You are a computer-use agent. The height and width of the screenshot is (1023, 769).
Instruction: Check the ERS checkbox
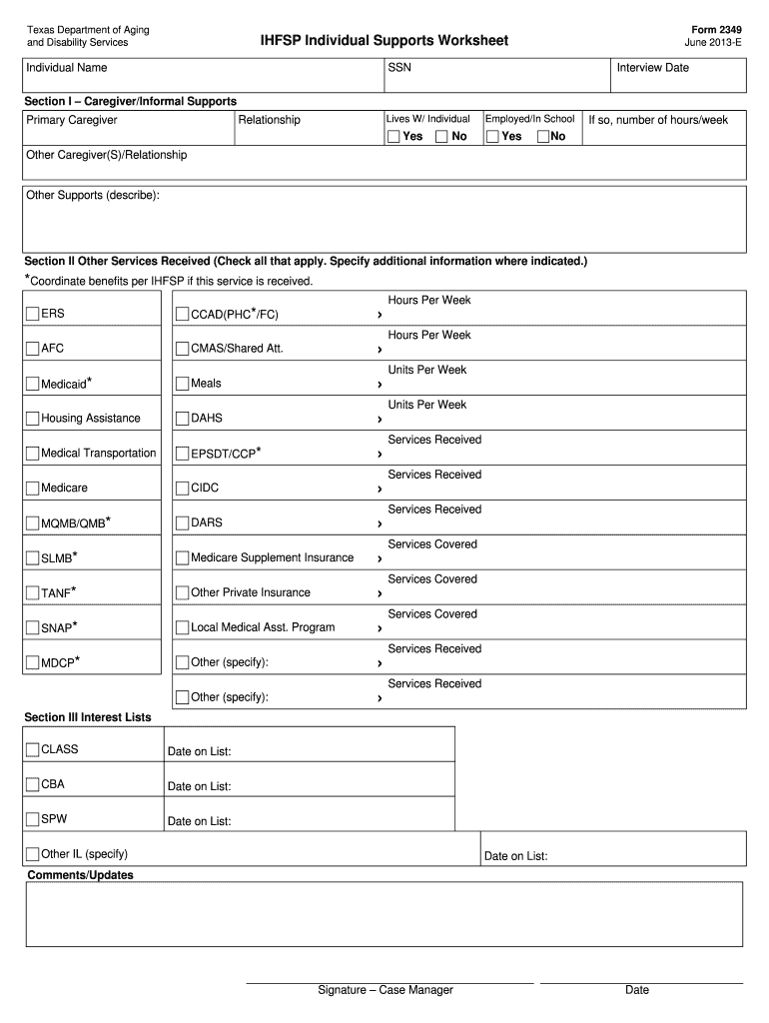pos(33,314)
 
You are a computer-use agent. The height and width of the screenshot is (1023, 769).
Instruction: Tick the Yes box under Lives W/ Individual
pos(393,136)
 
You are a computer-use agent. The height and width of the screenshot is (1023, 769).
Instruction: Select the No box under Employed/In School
pos(543,136)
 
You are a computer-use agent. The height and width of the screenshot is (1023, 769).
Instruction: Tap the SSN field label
pos(398,68)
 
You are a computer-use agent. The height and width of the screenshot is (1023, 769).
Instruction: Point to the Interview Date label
pos(652,68)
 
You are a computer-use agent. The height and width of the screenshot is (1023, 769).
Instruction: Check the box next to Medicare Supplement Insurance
pos(182,557)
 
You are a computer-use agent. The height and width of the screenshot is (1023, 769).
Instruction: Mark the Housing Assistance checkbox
pos(33,419)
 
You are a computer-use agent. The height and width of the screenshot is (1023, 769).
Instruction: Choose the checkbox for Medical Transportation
pos(33,454)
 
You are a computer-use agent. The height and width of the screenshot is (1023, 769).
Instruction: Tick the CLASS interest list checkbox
pos(33,749)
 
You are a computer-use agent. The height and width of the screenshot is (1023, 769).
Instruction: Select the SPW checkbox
pos(33,819)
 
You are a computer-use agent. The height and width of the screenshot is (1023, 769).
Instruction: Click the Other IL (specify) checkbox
pos(33,854)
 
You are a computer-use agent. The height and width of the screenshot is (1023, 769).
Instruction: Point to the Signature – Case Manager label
pos(385,990)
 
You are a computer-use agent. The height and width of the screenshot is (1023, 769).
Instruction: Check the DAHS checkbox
pos(182,419)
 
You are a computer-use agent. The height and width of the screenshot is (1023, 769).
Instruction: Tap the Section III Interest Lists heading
pos(88,717)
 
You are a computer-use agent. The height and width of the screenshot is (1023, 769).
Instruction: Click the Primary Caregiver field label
pos(72,120)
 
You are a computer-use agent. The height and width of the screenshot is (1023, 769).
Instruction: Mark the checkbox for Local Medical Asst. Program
pos(182,627)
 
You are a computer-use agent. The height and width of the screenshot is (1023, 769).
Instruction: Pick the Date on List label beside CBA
pos(199,786)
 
